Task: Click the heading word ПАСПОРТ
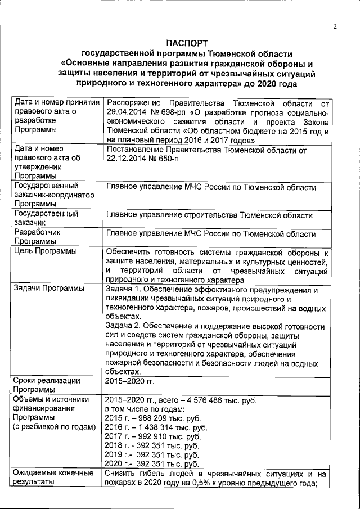coord(187,43)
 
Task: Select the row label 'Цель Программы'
coord(46,251)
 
